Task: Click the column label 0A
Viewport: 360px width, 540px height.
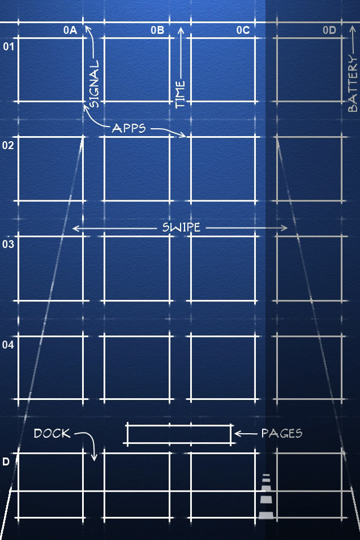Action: coord(70,30)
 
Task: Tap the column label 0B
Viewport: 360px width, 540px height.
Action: coord(157,30)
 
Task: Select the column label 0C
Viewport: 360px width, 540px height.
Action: coord(243,30)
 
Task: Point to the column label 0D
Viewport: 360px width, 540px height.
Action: coord(329,30)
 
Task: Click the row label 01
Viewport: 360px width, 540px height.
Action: coord(8,46)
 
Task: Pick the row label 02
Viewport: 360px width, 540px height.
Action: coord(8,145)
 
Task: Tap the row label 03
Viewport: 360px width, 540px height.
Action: coord(8,244)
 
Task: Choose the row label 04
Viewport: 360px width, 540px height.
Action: coord(8,344)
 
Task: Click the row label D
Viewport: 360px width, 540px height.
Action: coord(6,461)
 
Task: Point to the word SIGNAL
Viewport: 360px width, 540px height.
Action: coord(94,84)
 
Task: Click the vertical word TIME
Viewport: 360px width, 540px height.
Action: coord(180,94)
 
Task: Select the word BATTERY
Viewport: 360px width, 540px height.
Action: coord(353,84)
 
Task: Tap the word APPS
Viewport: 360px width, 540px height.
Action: coord(129,128)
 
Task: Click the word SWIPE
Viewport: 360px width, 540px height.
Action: coord(181,227)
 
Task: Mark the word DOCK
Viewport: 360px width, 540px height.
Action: coord(52,433)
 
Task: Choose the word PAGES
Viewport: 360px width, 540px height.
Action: coord(282,433)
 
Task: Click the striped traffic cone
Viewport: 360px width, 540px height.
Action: coord(266,496)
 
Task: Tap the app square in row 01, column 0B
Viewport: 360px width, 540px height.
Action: coord(137,70)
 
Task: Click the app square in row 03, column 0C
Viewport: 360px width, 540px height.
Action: coord(223,269)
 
